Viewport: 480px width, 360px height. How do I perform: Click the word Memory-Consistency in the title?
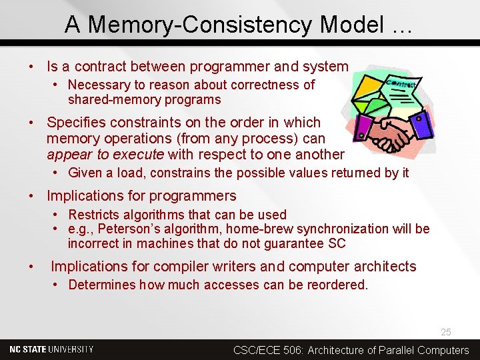click(201, 25)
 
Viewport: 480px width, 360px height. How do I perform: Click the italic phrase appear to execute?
click(105, 155)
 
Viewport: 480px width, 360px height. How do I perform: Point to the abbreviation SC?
click(337, 243)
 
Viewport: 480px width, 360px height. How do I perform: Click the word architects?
click(383, 267)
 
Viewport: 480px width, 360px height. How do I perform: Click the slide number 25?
click(446, 332)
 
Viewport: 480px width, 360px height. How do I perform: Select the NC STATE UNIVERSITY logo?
click(52, 349)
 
